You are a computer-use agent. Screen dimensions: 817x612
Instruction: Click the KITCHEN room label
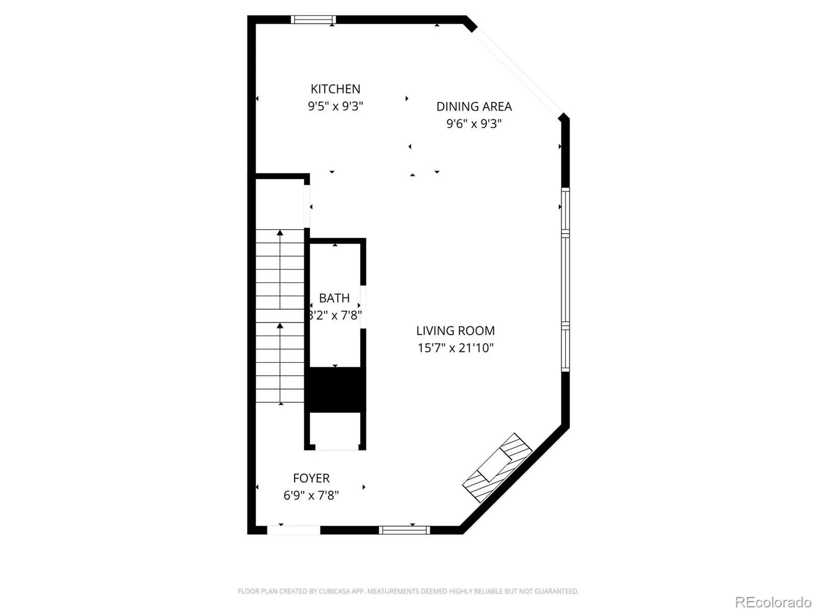point(335,89)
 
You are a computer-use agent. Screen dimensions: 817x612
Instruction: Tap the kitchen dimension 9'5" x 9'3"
point(335,107)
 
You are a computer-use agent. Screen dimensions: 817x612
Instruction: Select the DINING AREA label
point(474,107)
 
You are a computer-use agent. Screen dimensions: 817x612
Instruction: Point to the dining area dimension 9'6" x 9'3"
point(474,124)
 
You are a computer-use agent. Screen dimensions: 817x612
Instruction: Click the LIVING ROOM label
point(455,330)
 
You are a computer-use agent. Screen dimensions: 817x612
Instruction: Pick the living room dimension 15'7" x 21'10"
point(455,348)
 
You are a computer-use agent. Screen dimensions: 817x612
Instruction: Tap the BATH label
point(334,298)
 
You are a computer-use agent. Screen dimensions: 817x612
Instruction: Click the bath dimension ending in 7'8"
point(335,316)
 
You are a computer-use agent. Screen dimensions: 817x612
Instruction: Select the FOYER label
point(311,478)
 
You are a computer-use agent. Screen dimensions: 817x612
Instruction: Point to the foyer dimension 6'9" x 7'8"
point(311,495)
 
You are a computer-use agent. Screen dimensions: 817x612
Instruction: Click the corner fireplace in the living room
point(497,468)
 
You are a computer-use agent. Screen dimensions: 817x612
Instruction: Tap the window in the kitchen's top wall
point(313,20)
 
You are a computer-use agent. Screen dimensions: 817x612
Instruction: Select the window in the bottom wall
point(404,530)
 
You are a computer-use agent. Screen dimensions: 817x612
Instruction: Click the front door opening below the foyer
point(293,530)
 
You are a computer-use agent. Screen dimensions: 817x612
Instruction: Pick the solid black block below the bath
point(335,390)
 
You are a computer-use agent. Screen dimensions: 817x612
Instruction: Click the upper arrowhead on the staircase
point(280,233)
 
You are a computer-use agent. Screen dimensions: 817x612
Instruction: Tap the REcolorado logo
point(773,602)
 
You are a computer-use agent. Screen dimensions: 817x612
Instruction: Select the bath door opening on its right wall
point(363,308)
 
